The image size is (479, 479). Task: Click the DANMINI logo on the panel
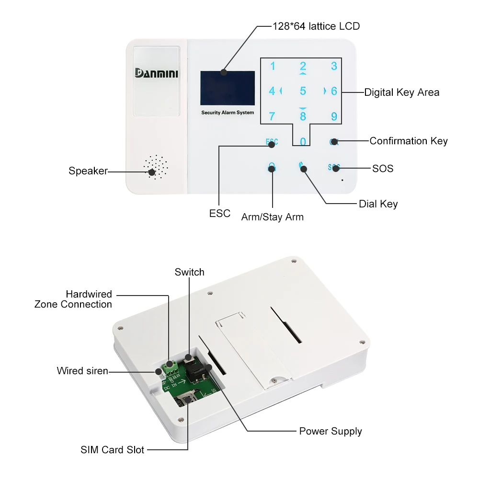pyautogui.click(x=156, y=73)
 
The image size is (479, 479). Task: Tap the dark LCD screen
pyautogui.click(x=228, y=88)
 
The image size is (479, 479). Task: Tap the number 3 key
pyautogui.click(x=334, y=67)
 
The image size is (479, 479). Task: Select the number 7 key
pyautogui.click(x=272, y=116)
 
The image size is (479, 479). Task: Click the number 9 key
pyautogui.click(x=334, y=116)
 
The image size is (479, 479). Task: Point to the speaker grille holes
pyautogui.click(x=156, y=167)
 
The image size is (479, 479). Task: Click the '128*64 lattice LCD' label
pyautogui.click(x=316, y=26)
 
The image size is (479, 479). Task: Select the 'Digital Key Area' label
pyautogui.click(x=401, y=92)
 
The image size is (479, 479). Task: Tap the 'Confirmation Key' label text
pyautogui.click(x=408, y=141)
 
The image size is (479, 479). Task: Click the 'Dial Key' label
pyautogui.click(x=378, y=204)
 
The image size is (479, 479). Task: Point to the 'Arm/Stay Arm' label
pyautogui.click(x=272, y=217)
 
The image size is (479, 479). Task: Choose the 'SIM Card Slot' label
pyautogui.click(x=112, y=450)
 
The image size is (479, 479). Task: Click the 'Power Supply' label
pyautogui.click(x=331, y=431)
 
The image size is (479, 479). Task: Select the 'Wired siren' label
pyautogui.click(x=82, y=371)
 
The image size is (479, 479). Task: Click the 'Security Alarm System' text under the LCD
pyautogui.click(x=228, y=113)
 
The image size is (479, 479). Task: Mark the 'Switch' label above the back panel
pyautogui.click(x=189, y=272)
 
